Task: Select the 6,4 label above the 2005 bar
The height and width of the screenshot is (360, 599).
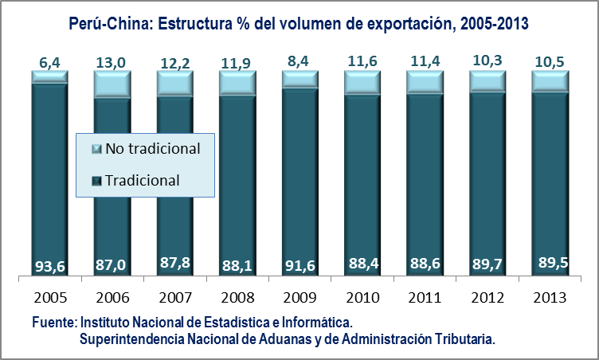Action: click(49, 61)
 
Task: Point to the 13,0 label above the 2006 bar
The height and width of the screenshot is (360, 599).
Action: click(111, 61)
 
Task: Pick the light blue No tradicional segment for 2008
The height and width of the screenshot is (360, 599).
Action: click(236, 83)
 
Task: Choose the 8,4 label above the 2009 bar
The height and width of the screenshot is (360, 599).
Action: click(298, 61)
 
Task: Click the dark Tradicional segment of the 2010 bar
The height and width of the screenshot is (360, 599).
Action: click(361, 183)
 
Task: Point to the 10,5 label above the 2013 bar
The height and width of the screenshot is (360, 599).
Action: click(548, 61)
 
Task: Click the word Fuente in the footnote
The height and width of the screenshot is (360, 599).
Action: click(53, 323)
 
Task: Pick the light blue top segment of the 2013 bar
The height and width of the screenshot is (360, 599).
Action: click(548, 81)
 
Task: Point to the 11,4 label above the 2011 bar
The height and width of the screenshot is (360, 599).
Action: click(423, 61)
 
